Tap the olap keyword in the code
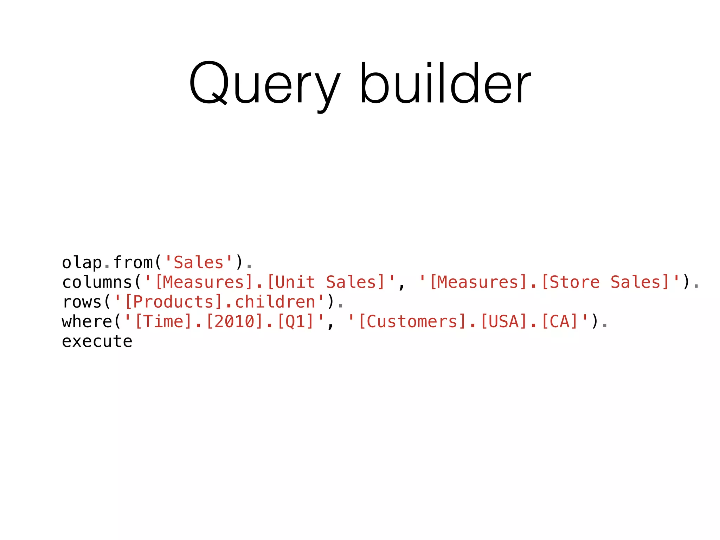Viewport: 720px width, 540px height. [82, 263]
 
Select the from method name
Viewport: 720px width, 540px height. [133, 262]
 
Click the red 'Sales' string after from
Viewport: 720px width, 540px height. [199, 263]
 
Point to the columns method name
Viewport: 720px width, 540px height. [97, 282]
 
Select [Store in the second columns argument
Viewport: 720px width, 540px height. [570, 282]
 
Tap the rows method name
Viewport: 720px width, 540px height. [82, 302]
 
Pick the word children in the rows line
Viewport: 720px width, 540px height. [275, 302]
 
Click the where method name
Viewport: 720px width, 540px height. [87, 322]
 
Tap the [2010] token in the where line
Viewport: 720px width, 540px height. [234, 322]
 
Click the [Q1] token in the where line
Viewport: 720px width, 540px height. [295, 322]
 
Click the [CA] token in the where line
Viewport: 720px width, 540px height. [560, 322]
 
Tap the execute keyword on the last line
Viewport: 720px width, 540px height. [97, 341]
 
